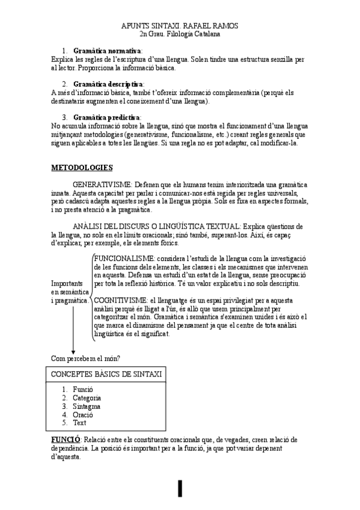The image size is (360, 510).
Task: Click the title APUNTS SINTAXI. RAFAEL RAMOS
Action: pos(180,26)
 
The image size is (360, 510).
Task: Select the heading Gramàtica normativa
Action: pos(107,51)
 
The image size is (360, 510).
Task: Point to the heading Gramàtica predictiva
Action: pos(107,117)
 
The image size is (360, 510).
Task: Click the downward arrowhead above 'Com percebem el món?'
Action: pos(73,352)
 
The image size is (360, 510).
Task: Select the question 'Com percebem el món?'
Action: pos(85,359)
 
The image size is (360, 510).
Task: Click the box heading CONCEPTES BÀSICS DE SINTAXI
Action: pos(106,374)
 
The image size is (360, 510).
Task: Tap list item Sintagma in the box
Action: pos(87,407)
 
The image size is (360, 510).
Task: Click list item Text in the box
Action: pos(79,423)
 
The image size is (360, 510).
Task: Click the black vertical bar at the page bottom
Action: pos(180,488)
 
